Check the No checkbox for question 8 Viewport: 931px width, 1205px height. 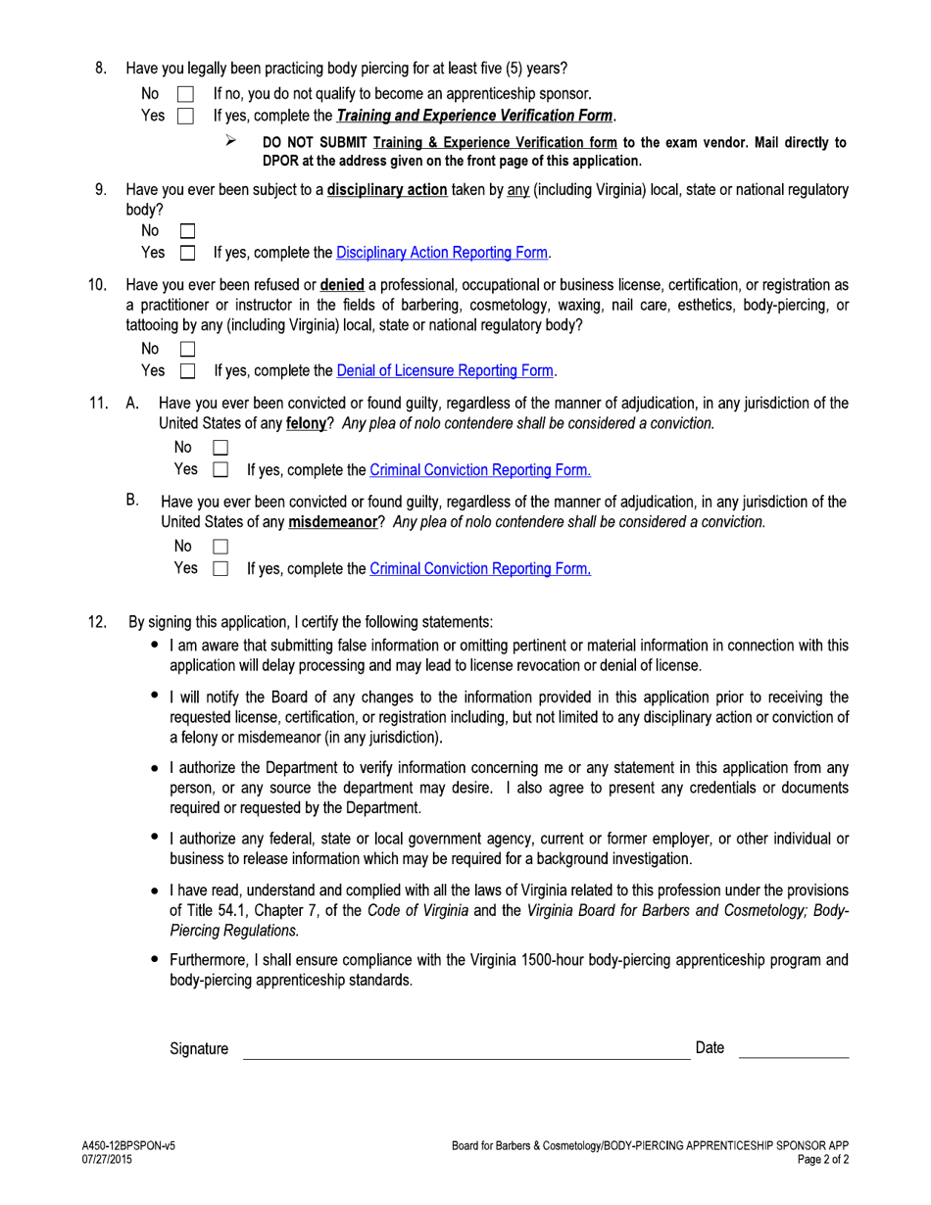[185, 95]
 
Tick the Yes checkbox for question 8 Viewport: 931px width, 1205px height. [185, 117]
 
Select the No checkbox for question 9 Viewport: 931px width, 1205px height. [187, 232]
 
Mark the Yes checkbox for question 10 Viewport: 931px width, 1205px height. [187, 371]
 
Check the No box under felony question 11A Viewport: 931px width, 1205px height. [220, 448]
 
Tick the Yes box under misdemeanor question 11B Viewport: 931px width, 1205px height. [220, 568]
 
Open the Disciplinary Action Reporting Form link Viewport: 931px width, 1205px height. [442, 253]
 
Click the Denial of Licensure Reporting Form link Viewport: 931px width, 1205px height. [446, 371]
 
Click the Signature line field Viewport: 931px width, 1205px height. [465, 1050]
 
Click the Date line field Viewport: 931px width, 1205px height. [793, 1050]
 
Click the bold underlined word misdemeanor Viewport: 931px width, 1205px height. [332, 522]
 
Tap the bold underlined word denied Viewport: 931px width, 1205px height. [342, 285]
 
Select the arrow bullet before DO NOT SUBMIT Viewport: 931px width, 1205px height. [230, 141]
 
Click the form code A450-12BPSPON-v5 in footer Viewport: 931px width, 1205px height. [128, 1145]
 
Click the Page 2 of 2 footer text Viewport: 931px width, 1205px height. [822, 1159]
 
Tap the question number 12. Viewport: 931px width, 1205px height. [97, 622]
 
